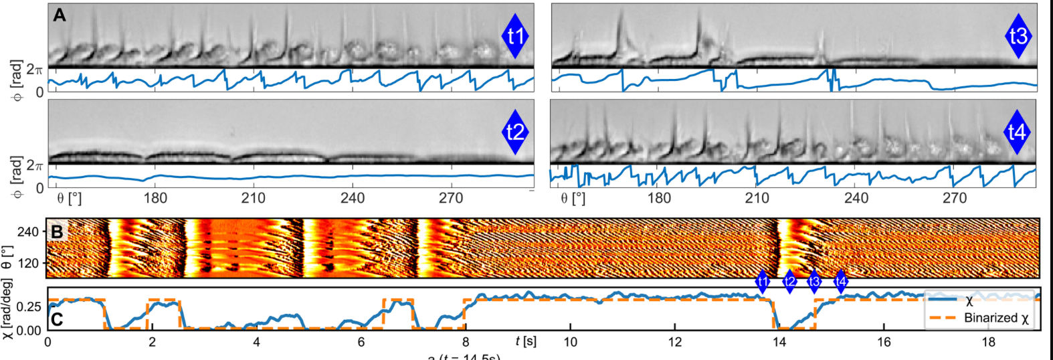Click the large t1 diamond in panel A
coord(515,36)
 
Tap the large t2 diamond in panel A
coord(515,132)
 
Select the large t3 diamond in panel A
coord(1018,36)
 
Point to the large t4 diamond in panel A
coord(1017,132)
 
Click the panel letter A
coord(60,15)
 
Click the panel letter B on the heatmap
coord(58,232)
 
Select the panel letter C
coord(58,319)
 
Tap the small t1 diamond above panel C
coord(763,282)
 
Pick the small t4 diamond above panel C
coord(841,282)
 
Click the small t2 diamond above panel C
coord(790,282)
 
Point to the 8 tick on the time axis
coord(466,342)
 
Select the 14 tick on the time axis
coord(779,342)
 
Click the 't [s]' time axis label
coord(526,341)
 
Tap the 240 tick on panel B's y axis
coord(28,232)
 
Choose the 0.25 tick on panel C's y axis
coord(28,306)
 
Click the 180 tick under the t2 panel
coord(155,198)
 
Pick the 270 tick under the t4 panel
coord(954,198)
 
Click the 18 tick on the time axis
coord(988,342)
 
